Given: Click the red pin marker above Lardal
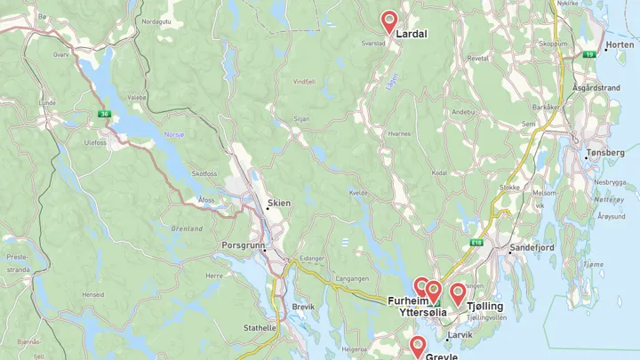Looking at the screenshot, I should (x=388, y=21).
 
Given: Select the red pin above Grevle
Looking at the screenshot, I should (x=417, y=346).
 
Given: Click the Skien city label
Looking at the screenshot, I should (x=279, y=203).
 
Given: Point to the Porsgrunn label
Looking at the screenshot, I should (x=243, y=245).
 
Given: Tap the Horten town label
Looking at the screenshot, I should (x=620, y=44).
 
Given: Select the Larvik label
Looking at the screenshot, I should (x=460, y=335).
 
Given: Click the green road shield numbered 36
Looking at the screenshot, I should (x=104, y=113).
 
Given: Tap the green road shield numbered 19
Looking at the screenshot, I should (x=588, y=54).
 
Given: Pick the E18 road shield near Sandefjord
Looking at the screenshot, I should (x=476, y=242).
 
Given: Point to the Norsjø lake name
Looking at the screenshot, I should (x=174, y=134).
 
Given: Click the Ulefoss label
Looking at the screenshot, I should (x=95, y=142).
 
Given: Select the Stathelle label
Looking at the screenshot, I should (x=260, y=327).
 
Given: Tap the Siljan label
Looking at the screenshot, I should (x=301, y=117).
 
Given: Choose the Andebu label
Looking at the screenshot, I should (x=463, y=112).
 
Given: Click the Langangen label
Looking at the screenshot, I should (x=352, y=278).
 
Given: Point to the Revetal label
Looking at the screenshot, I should (x=478, y=58).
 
